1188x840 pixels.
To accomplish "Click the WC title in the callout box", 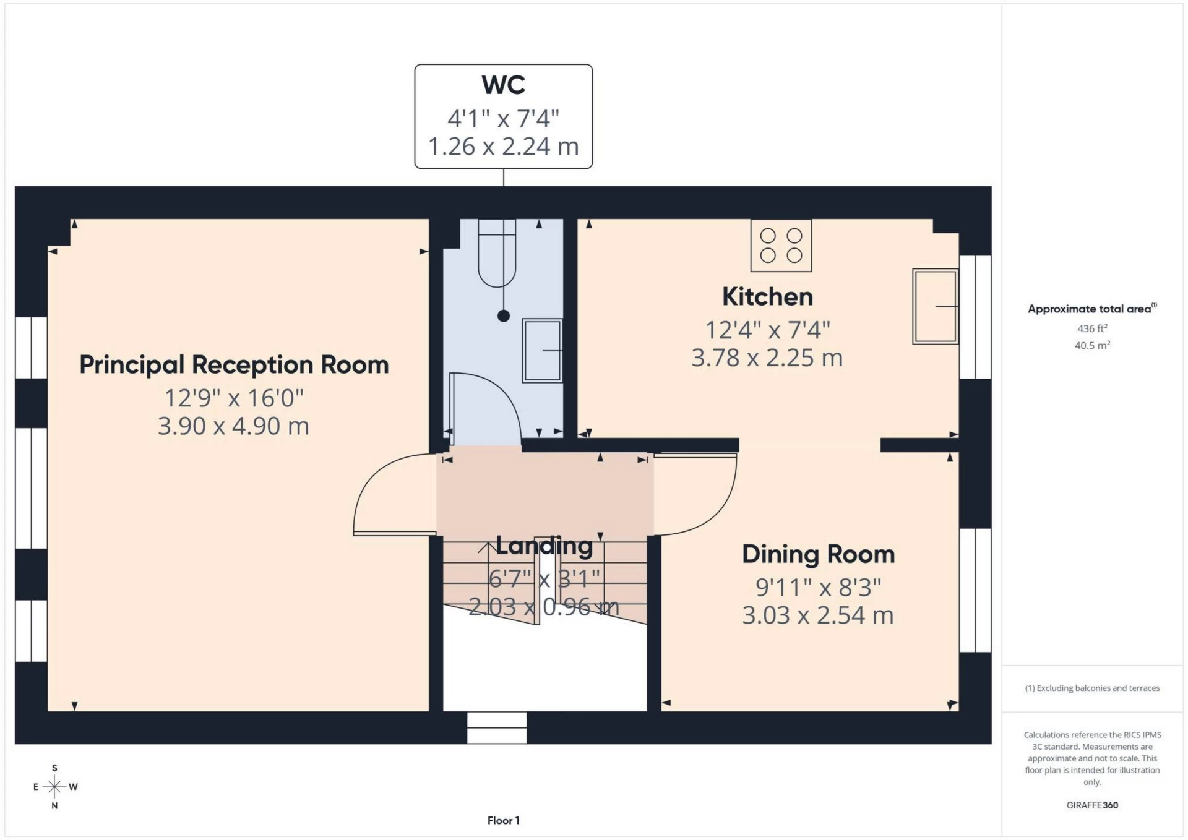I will coord(503,85).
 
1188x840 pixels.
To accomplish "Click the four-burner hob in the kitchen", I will coord(781,246).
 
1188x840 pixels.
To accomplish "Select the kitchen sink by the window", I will coord(935,306).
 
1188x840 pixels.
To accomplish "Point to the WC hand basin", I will coord(542,350).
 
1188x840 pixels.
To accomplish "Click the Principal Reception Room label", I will coord(234,365).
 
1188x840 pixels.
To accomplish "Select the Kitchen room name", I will coord(767,297).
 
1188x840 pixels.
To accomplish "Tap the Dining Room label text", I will coord(818,554).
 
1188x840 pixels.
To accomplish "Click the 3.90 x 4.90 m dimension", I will coord(233,426).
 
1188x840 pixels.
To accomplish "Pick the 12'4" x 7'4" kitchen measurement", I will coord(767,330).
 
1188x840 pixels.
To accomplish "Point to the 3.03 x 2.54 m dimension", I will coord(818,615).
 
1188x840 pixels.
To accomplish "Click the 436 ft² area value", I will coord(1092,328).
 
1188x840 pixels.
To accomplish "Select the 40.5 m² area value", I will coord(1092,345).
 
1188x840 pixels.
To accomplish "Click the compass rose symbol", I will coord(54,787).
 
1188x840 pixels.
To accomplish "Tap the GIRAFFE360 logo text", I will coord(1092,805).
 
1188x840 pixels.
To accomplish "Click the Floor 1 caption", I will coord(503,821).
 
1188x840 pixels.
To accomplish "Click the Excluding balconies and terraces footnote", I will coord(1092,688).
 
